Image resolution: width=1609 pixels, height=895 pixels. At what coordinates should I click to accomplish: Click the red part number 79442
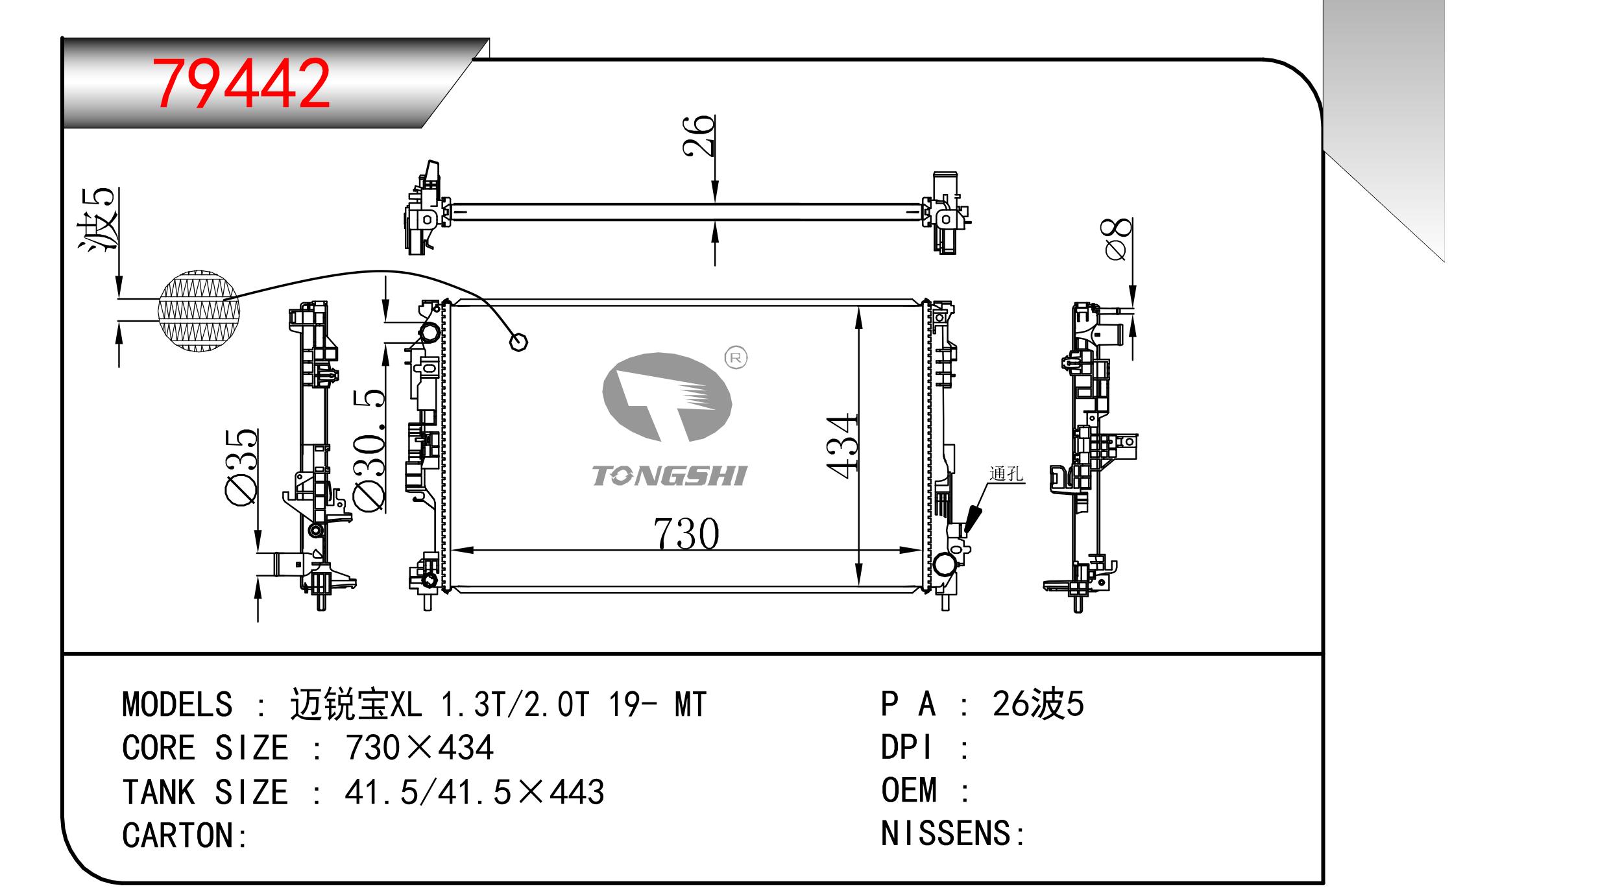click(x=241, y=84)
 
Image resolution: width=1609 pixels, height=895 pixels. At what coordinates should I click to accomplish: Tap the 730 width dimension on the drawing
click(x=686, y=534)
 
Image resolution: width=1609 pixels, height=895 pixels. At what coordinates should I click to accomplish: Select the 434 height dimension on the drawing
click(x=843, y=447)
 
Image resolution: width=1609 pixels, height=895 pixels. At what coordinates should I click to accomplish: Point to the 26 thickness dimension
click(x=698, y=136)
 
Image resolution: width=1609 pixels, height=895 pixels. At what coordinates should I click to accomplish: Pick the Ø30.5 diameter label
click(x=369, y=450)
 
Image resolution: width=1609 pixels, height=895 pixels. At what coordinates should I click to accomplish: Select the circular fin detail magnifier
click(x=199, y=311)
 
